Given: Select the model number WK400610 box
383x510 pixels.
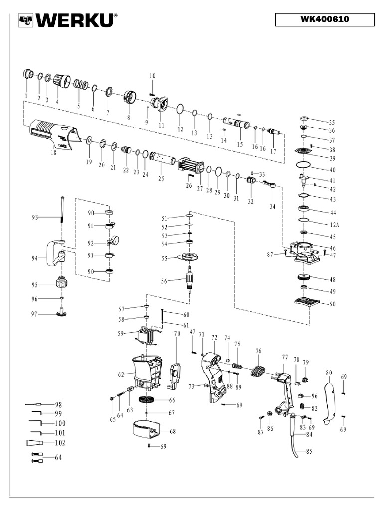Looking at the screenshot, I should click(324, 20).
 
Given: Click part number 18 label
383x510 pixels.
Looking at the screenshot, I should click(54, 154).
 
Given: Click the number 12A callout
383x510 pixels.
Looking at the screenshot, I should click(332, 224).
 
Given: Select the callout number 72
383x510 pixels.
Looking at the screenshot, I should click(214, 337).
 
